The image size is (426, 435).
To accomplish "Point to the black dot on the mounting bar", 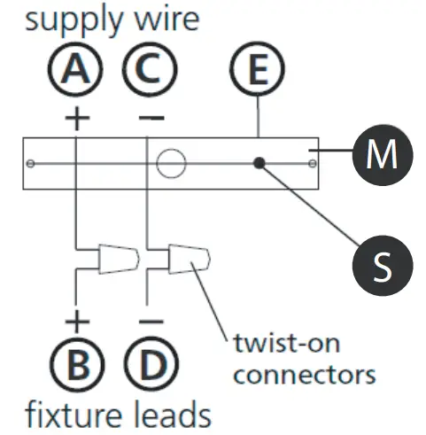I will (x=259, y=163).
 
